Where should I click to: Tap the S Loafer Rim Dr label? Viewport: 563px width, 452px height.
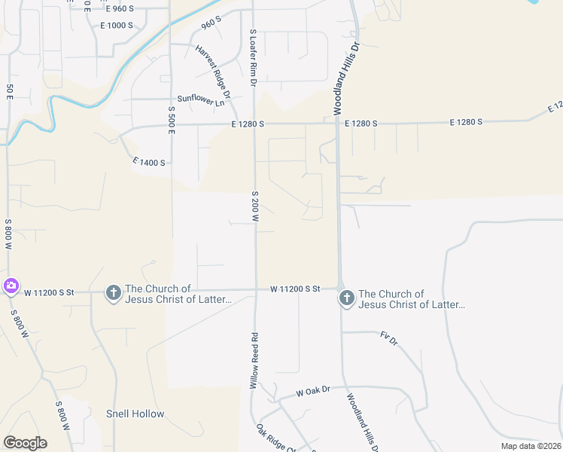pos(254,53)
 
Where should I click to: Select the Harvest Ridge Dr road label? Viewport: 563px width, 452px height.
pos(212,69)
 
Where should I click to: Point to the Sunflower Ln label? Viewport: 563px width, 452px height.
pos(201,99)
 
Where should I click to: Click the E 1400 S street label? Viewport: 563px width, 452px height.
pos(148,162)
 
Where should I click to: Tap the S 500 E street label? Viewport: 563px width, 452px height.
pos(172,120)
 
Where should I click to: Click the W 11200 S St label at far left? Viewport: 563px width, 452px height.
pos(50,292)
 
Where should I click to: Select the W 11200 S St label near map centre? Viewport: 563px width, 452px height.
pos(296,289)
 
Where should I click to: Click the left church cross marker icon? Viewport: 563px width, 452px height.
pos(113,292)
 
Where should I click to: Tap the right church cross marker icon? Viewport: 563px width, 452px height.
pos(346,298)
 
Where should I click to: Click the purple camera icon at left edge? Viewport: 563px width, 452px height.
pos(11,286)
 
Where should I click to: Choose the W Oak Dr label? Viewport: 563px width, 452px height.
pos(313,392)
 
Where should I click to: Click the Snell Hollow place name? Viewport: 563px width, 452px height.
pos(135,414)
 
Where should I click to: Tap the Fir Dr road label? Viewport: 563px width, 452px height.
pos(388,338)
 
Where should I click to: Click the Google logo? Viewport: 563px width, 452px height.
pos(25,443)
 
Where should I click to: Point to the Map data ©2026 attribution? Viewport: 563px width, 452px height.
pos(530,446)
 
